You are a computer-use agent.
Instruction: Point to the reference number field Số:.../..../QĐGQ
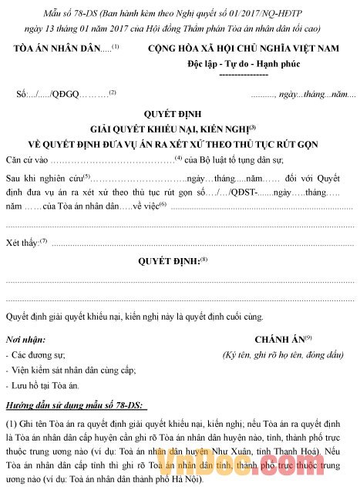pyautogui.click(x=47, y=94)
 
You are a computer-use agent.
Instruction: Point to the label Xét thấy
pyautogui.click(x=22, y=243)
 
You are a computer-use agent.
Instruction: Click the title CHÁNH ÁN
pyautogui.click(x=280, y=339)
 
